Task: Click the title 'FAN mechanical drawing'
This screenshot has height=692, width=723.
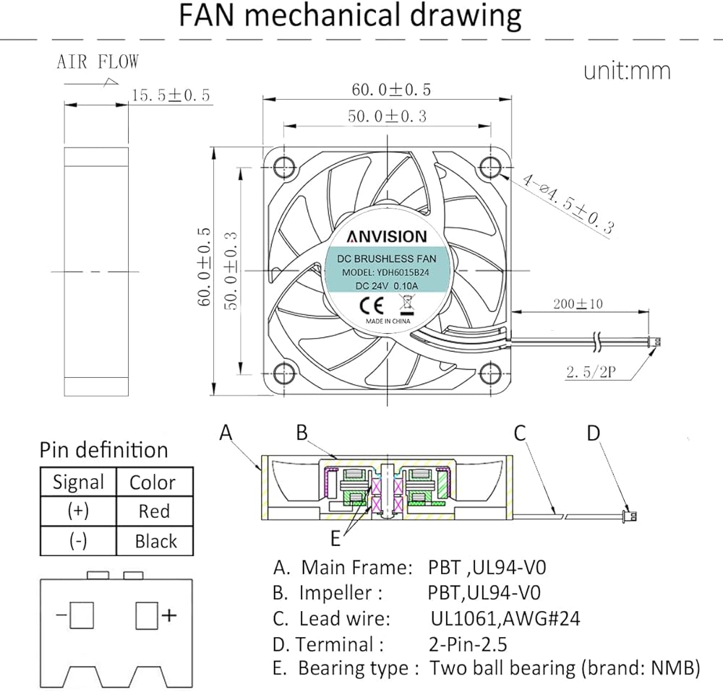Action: coord(351,16)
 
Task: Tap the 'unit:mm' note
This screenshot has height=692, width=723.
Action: coord(627,71)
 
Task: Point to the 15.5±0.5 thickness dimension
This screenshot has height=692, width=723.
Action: coord(170,95)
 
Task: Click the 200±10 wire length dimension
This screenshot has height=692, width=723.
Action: coord(578,303)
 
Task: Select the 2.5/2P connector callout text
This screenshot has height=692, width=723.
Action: coord(591,373)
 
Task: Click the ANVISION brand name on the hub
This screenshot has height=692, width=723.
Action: coord(386,237)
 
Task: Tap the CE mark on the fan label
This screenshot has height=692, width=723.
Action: coord(367,303)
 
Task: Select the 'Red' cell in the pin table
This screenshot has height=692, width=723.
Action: coord(154,511)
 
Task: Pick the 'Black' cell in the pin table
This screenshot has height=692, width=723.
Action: coord(155,541)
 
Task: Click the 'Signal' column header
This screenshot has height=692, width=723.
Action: coord(79,483)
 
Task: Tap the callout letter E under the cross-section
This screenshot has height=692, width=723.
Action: coord(335,538)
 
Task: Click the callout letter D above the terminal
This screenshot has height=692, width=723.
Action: coord(593,433)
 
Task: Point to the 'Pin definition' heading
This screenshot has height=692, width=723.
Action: coord(103,450)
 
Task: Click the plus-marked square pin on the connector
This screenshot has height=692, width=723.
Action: coord(147,616)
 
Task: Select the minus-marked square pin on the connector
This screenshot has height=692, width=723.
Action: coord(83,616)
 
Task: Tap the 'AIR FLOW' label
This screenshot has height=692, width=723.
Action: coord(98,62)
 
